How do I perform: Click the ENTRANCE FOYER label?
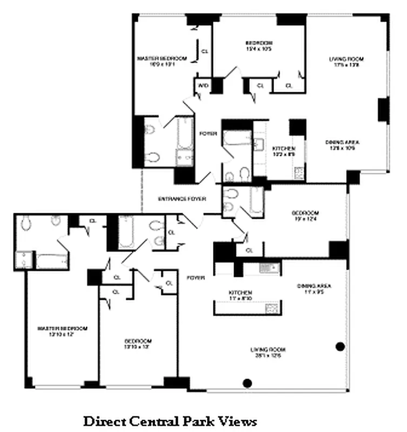point(182,199)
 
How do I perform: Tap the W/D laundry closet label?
point(203,85)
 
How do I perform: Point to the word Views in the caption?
point(237,421)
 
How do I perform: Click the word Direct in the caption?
point(103,421)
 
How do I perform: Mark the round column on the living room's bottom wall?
point(248,383)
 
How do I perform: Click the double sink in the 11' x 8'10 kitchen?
point(267,267)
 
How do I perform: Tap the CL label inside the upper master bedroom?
point(205,51)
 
